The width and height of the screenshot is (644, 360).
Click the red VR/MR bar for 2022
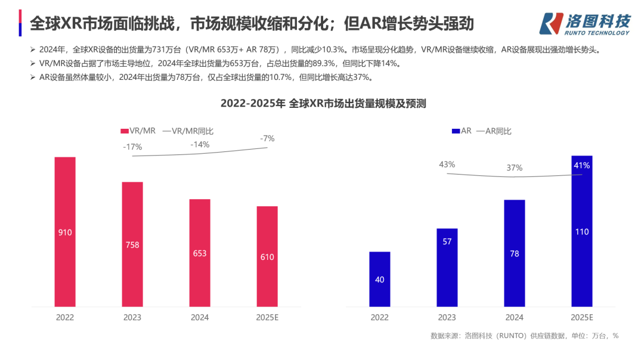(65, 232)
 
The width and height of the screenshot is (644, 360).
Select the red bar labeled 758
(132, 244)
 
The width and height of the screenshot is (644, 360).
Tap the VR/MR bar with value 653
(200, 253)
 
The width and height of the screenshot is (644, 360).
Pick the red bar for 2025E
(267, 256)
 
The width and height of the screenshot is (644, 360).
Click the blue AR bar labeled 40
(380, 279)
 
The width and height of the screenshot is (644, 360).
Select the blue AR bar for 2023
(447, 268)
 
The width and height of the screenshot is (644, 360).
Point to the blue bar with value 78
(515, 253)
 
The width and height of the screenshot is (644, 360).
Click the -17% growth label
(132, 147)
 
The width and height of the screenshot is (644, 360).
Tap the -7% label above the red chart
(267, 138)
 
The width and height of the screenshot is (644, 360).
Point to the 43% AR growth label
(447, 164)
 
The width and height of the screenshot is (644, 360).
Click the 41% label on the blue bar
(582, 165)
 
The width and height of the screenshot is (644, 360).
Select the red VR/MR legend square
(124, 131)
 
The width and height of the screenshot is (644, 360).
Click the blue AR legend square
(456, 131)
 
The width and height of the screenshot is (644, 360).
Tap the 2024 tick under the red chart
(200, 318)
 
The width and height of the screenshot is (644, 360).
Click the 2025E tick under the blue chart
(582, 318)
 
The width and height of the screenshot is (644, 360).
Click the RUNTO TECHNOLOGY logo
(584, 24)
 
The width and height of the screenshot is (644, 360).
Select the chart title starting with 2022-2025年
(323, 103)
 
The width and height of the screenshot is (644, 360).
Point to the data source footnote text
(524, 336)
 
